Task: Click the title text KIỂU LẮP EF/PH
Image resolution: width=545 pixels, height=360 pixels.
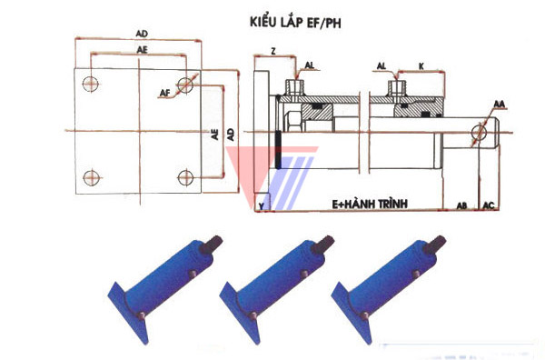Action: click(x=295, y=23)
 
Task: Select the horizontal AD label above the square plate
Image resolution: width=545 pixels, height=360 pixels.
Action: click(x=142, y=34)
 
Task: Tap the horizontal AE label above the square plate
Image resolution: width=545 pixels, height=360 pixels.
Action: click(x=142, y=50)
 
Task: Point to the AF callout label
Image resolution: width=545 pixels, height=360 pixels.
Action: click(x=165, y=94)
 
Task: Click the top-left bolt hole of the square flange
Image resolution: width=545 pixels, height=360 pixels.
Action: click(x=90, y=85)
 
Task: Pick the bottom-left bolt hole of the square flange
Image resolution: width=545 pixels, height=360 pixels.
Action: click(x=92, y=178)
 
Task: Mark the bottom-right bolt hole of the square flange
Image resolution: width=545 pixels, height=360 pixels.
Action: click(x=185, y=178)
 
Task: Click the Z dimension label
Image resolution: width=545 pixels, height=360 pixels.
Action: click(x=273, y=52)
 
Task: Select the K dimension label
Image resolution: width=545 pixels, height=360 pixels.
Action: click(x=421, y=66)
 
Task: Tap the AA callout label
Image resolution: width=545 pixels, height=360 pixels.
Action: click(x=499, y=104)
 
